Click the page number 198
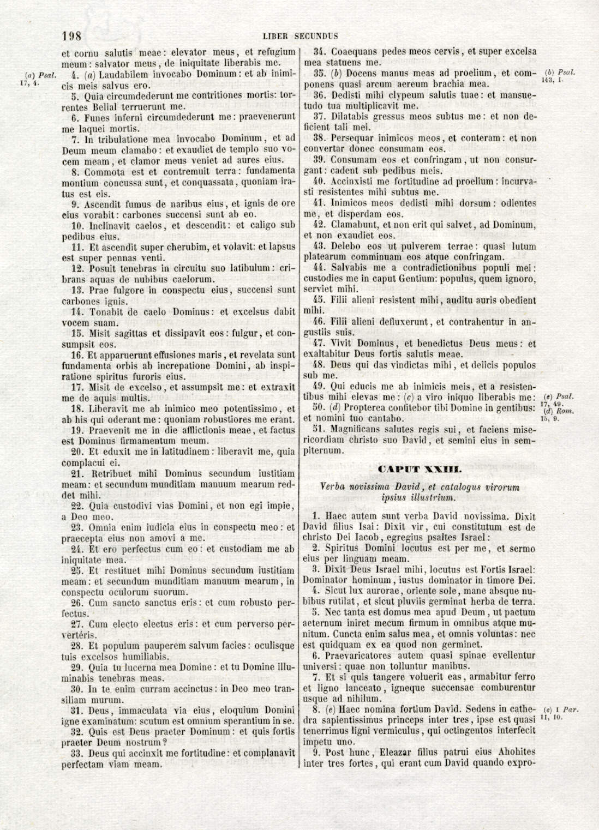(72, 37)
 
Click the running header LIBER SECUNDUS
(300, 37)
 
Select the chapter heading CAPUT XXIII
(420, 469)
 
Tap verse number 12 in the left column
(77, 268)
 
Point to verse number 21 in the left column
(77, 474)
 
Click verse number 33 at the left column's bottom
(77, 753)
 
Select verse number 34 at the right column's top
(320, 52)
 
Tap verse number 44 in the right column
(320, 268)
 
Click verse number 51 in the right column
(320, 430)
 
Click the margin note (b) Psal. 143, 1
(560, 76)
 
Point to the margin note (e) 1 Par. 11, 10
(561, 714)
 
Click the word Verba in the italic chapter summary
(333, 487)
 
